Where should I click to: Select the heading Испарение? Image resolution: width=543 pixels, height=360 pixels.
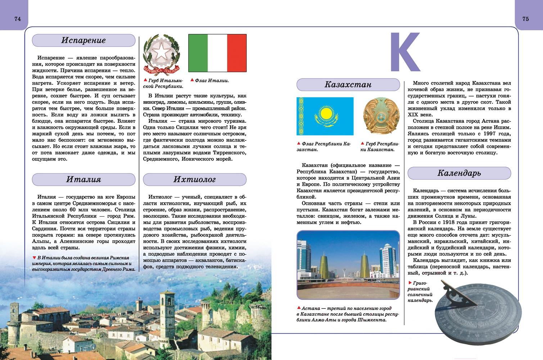pyautogui.click(x=83, y=40)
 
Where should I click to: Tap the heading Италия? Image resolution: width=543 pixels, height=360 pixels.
pyautogui.click(x=83, y=179)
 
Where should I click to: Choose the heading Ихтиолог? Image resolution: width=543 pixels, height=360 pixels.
pyautogui.click(x=194, y=179)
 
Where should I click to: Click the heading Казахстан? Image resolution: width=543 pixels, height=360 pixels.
pyautogui.click(x=348, y=85)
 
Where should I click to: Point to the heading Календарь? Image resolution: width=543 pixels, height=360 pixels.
pyautogui.click(x=459, y=173)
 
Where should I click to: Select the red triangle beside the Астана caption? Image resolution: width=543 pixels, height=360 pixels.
pyautogui.click(x=299, y=308)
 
